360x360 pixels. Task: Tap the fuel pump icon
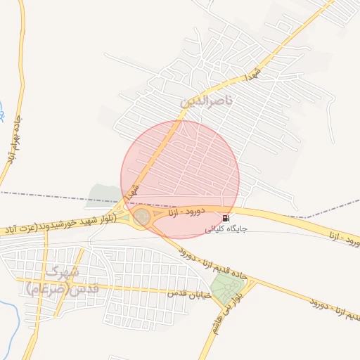(x=225, y=219)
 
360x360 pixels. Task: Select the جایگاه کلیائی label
(x=220, y=229)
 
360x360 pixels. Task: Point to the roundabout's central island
(x=142, y=217)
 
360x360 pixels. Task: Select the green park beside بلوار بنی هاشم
(x=225, y=286)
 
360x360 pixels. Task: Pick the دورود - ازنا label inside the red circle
(x=186, y=210)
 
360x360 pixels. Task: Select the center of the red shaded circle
(x=180, y=179)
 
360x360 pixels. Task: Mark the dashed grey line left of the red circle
(x=56, y=195)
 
